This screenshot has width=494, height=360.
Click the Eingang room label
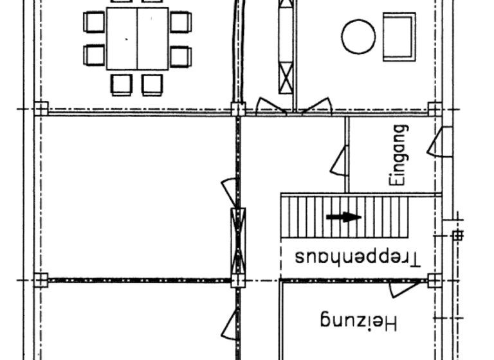[399, 156]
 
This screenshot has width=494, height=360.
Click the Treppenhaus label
[358, 257]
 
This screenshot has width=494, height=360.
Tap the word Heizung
[358, 320]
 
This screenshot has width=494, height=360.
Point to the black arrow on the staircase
[343, 217]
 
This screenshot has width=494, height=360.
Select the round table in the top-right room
[358, 37]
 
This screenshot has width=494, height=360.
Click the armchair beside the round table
[399, 37]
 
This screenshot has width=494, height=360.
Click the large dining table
[137, 39]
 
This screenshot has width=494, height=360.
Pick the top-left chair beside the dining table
[95, 22]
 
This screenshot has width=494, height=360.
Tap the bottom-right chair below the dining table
[152, 84]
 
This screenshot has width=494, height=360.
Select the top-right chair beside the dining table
[180, 22]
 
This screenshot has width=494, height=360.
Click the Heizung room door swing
[403, 289]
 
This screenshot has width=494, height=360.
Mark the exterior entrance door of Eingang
[440, 142]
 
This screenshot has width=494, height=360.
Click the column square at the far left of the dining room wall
[41, 108]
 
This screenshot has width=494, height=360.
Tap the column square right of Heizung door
[435, 280]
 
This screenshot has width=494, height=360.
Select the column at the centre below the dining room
[238, 109]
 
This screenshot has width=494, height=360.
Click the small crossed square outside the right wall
[457, 235]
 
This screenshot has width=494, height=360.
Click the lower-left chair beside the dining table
[95, 55]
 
